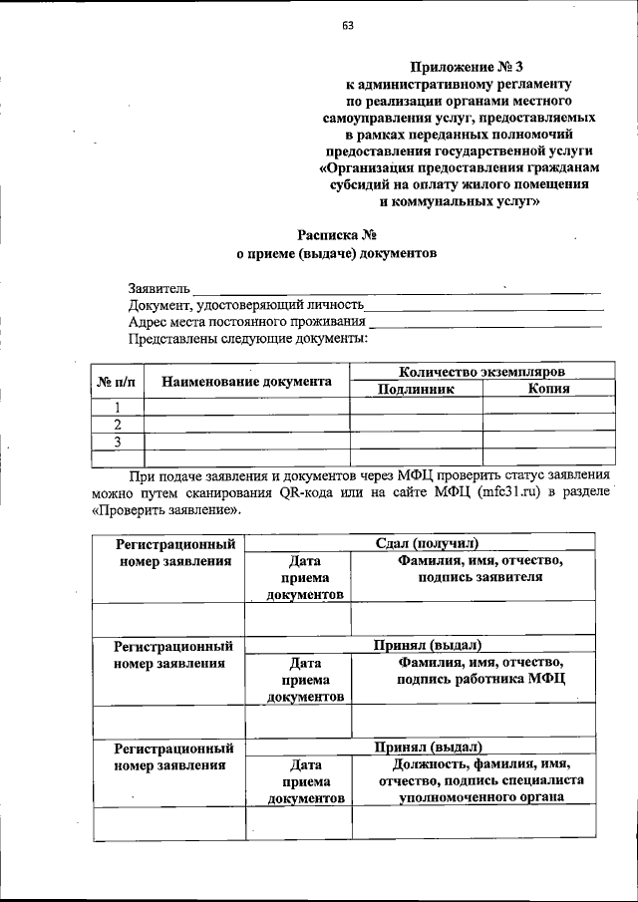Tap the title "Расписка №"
(336, 235)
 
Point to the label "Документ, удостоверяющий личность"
(245, 305)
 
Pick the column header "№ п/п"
(117, 381)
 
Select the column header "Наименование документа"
(246, 381)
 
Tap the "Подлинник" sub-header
(416, 389)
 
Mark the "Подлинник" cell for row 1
(416, 407)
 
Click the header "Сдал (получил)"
(427, 543)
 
